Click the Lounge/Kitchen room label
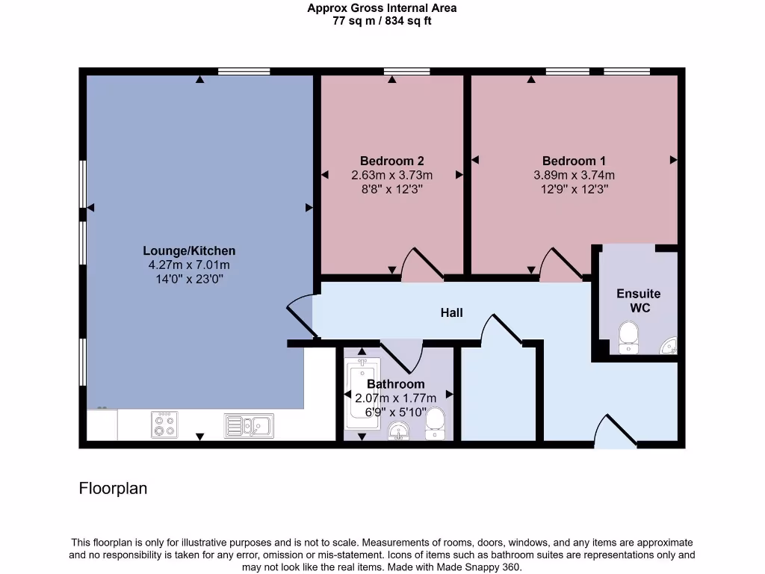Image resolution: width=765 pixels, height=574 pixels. (189, 251)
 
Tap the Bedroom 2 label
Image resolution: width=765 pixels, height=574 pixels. (392, 161)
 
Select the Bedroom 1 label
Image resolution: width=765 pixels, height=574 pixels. (574, 161)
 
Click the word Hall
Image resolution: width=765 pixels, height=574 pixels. (451, 312)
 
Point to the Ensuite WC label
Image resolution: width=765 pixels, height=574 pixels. (638, 300)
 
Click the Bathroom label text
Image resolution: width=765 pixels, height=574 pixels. (395, 384)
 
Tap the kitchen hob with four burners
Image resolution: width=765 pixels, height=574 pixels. (164, 425)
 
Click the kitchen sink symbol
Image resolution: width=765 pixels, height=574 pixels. (249, 426)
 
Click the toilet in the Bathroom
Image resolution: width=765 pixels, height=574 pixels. (435, 425)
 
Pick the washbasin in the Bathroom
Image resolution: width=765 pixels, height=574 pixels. (400, 431)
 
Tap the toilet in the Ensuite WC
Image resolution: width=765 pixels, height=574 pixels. (628, 336)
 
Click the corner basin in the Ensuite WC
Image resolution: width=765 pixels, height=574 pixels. (669, 345)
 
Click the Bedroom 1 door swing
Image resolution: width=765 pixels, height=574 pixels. (561, 265)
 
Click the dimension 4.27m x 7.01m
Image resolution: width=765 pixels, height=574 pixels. (189, 265)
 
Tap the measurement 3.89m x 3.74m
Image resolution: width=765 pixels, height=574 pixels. (574, 176)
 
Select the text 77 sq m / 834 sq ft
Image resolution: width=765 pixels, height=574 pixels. (382, 21)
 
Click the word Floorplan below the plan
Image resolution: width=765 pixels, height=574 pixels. (113, 489)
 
